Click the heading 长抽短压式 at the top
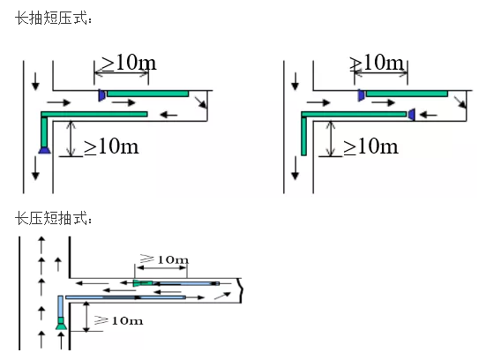pyautogui.click(x=54, y=18)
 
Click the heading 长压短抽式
pyautogui.click(x=54, y=218)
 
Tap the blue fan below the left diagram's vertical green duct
pyautogui.click(x=44, y=150)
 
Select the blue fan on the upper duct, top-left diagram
pyautogui.click(x=102, y=95)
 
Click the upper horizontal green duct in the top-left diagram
pyautogui.click(x=147, y=94)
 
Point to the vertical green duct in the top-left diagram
pyautogui.click(x=44, y=131)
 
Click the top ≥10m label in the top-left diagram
pyautogui.click(x=129, y=63)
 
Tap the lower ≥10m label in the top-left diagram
pyautogui.click(x=111, y=146)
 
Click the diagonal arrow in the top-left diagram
pyautogui.click(x=200, y=102)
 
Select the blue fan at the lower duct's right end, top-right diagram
pyautogui.click(x=412, y=115)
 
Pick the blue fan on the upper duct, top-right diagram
pyautogui.click(x=362, y=95)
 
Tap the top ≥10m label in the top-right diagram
pyautogui.click(x=377, y=63)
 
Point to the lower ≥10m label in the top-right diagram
pyautogui.click(x=370, y=146)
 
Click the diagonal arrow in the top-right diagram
pyautogui.click(x=460, y=102)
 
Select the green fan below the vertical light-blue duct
pyautogui.click(x=61, y=323)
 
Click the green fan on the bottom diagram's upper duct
pyautogui.click(x=143, y=283)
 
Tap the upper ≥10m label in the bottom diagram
pyautogui.click(x=164, y=259)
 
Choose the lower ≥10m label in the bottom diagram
pyautogui.click(x=118, y=320)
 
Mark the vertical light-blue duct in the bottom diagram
pyautogui.click(x=60, y=306)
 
